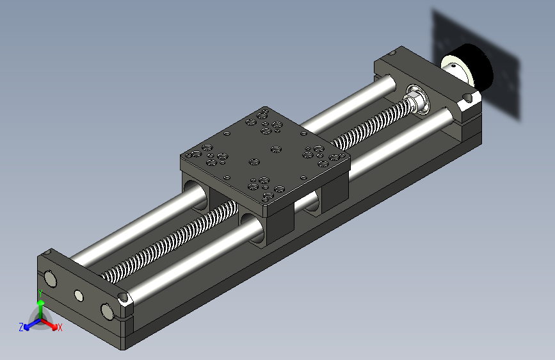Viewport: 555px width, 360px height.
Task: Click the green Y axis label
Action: [x=40, y=293]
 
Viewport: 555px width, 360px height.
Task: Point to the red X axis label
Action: [x=60, y=327]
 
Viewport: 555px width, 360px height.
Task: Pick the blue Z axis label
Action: [x=21, y=327]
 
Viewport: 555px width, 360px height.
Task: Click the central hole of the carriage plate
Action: [x=254, y=162]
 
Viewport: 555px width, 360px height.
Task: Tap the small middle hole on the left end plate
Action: [x=79, y=295]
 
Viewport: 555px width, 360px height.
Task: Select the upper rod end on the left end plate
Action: [x=51, y=279]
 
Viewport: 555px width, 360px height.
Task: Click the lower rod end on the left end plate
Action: [x=108, y=311]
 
